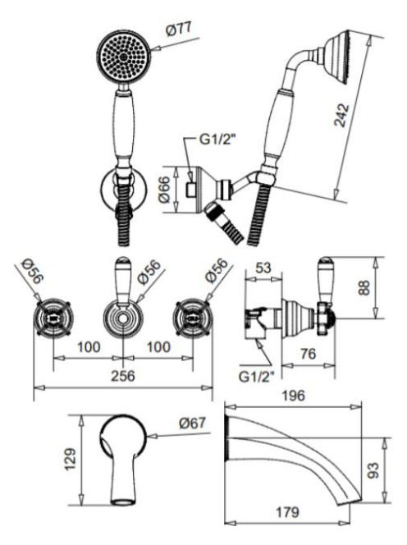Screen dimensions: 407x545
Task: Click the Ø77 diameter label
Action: (x=179, y=30)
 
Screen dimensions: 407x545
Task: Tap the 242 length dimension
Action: (x=341, y=115)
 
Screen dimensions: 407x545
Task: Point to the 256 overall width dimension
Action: (x=123, y=376)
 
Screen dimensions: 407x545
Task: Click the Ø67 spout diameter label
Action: (x=193, y=423)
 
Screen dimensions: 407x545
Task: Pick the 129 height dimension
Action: (x=71, y=460)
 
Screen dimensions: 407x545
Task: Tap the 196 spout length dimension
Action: (x=293, y=396)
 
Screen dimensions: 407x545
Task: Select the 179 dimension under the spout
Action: (x=287, y=512)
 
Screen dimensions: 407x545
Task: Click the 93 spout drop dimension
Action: (x=373, y=470)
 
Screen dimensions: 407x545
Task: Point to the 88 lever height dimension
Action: (x=364, y=288)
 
